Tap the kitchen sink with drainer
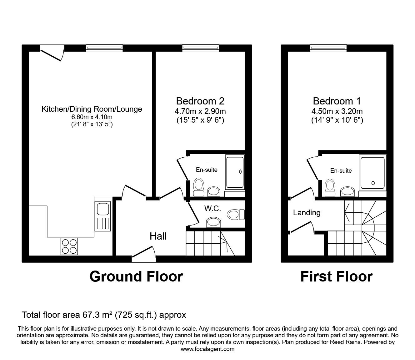(102, 216)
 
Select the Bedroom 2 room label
(200, 101)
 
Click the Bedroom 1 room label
(337, 101)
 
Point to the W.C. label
(213, 209)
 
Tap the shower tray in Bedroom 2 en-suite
(235, 172)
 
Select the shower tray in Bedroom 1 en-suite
(372, 173)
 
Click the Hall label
(158, 236)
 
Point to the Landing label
(307, 213)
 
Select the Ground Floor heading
(136, 276)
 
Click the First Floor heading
(336, 276)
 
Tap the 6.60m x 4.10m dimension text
(92, 117)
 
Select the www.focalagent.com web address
(207, 349)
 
